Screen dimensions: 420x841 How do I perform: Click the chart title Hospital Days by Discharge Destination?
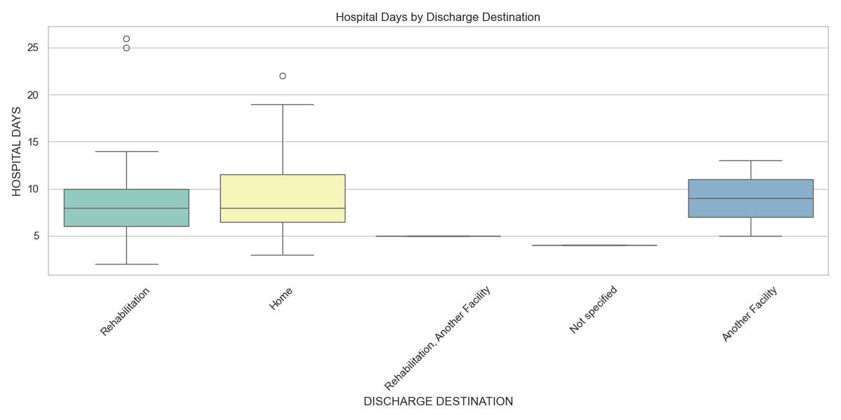438,17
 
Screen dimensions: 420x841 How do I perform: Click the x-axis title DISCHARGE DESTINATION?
438,402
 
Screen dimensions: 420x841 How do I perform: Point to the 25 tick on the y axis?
32,48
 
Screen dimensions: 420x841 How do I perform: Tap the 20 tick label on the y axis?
32,95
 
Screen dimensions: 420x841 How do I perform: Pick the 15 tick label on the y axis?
32,142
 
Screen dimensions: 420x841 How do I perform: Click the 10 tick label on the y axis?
32,189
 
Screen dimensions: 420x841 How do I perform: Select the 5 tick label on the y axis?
35,236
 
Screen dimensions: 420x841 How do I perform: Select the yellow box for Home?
282,198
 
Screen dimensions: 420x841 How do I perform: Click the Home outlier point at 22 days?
282,76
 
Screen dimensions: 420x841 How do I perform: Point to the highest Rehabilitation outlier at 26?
126,38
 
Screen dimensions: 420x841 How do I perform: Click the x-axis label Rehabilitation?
125,311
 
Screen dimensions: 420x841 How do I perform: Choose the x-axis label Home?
281,297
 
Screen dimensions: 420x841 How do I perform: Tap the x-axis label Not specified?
593,309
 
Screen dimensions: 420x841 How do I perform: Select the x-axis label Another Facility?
750,314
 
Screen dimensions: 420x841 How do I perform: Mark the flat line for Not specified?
594,245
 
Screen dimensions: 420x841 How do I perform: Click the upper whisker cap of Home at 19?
282,104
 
